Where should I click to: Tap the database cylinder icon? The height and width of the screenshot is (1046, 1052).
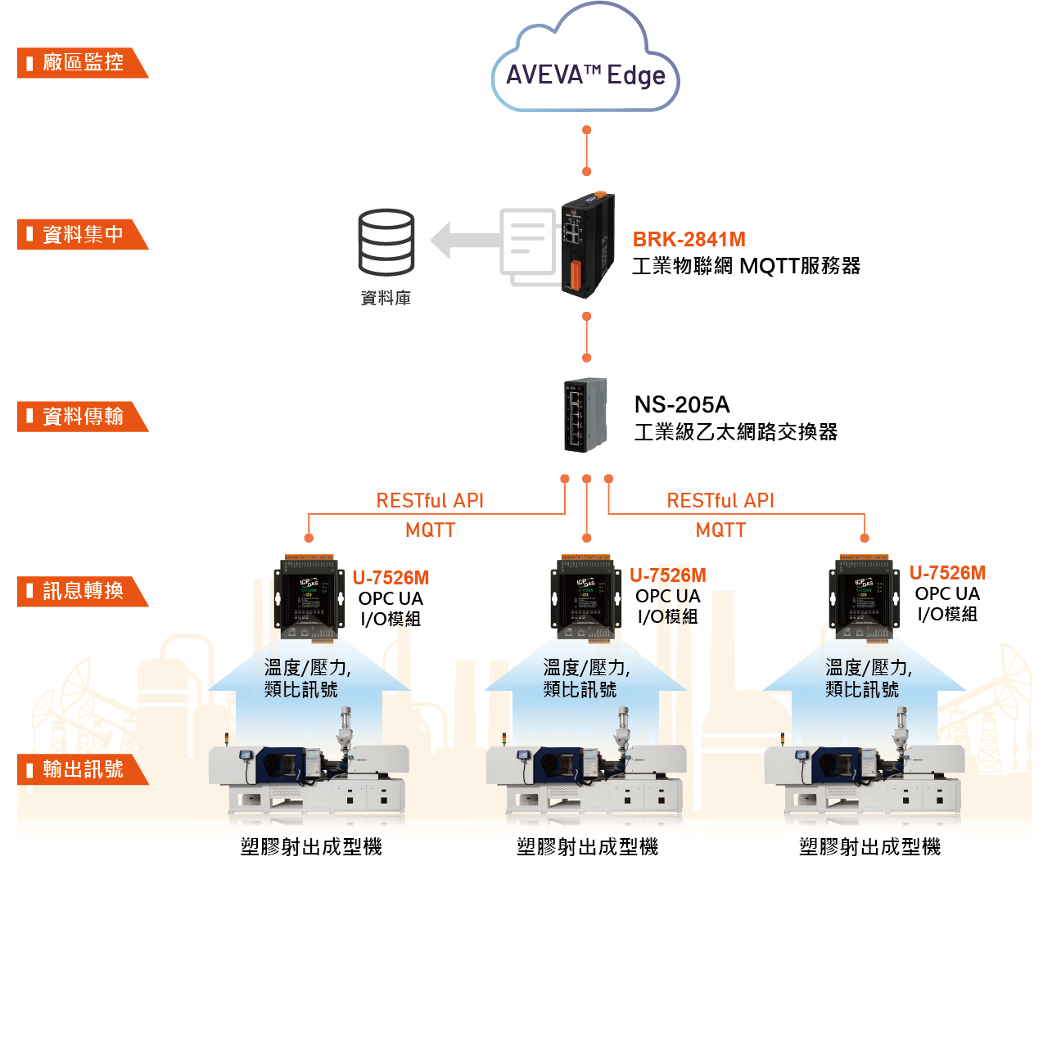(x=386, y=242)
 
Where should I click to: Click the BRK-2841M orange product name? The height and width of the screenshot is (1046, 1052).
(x=689, y=239)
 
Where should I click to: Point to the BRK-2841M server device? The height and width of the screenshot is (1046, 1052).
(x=587, y=245)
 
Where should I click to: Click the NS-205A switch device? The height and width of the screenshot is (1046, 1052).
(x=585, y=414)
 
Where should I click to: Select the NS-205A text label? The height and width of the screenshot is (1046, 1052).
(x=682, y=404)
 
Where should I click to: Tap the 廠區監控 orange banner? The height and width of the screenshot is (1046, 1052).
(x=82, y=63)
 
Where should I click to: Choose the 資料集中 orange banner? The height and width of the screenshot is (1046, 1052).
(x=82, y=235)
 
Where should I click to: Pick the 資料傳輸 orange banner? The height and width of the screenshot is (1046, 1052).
(x=82, y=417)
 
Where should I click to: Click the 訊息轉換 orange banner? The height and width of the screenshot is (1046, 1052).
(x=82, y=591)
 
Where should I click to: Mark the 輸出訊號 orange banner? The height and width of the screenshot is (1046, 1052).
(x=82, y=769)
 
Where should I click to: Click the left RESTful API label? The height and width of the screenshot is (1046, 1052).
(x=430, y=500)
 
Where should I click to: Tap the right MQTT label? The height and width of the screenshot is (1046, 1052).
(x=720, y=530)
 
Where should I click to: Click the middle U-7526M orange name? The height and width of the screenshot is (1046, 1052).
(x=667, y=575)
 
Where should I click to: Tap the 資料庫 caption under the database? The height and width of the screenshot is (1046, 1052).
(x=386, y=298)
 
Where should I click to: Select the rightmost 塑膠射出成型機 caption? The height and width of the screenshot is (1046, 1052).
(x=869, y=847)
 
